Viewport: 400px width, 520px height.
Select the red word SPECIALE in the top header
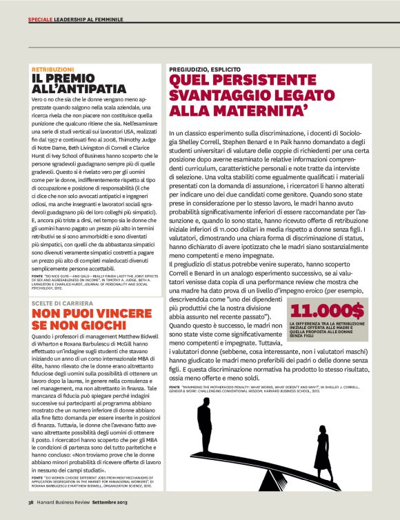(x=41, y=19)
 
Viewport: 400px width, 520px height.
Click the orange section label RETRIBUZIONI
(x=53, y=70)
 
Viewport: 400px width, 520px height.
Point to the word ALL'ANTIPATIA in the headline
(x=79, y=89)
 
